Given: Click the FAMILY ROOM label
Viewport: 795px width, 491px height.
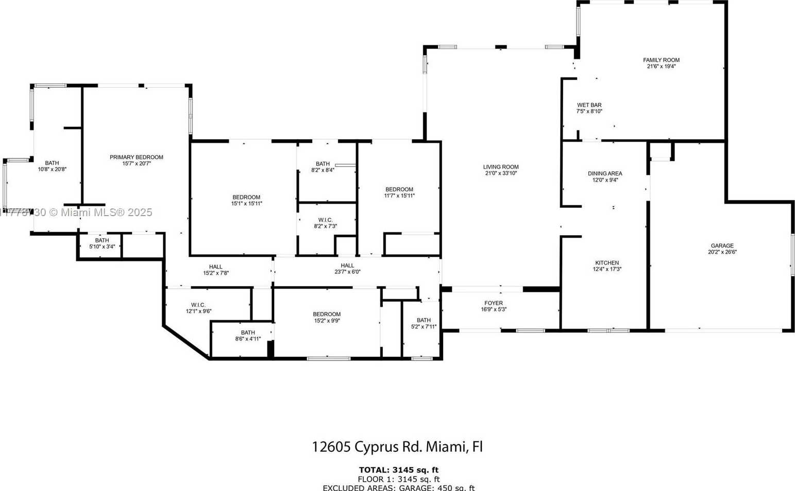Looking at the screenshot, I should coord(661,60).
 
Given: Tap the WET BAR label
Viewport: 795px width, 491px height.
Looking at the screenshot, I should coord(589,105).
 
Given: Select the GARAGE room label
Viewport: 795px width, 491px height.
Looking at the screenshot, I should coord(722,246).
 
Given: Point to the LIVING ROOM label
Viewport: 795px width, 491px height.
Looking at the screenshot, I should coord(501,167).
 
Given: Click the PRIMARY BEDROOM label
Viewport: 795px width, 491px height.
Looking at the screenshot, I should coord(136,157).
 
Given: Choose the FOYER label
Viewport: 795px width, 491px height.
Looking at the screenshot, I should coord(493,303).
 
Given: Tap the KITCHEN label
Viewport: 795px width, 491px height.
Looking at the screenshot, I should coord(606,263).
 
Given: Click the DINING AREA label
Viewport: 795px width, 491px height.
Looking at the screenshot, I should coord(605,174).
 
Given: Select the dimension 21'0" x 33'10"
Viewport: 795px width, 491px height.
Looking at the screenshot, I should coord(501,174).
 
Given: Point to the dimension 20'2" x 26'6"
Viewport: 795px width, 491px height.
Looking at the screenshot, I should coord(722,252).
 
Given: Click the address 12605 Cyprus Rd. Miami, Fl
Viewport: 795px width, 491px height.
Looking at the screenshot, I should coord(397,447).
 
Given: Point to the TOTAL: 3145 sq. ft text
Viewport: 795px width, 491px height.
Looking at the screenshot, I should coord(398,470).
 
